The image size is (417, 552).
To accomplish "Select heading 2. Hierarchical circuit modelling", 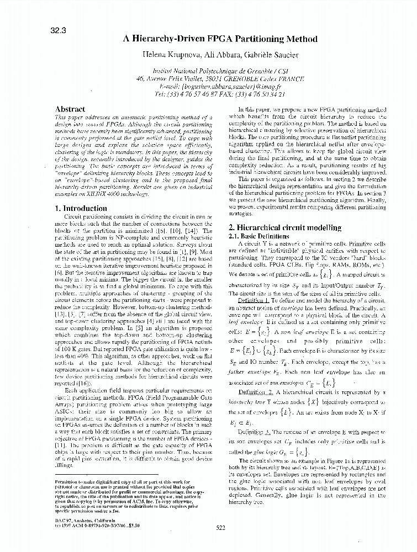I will point(293,227).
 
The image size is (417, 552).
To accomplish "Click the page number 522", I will point(220,528).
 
